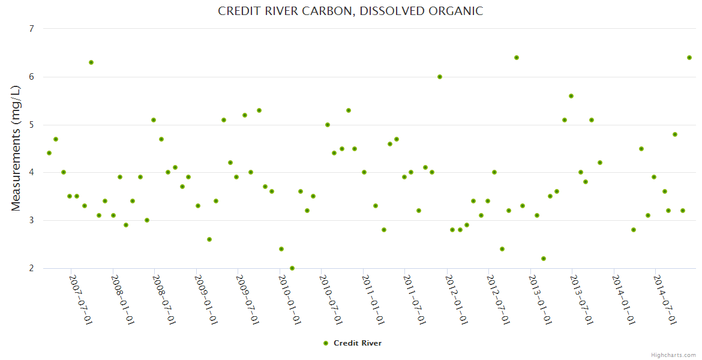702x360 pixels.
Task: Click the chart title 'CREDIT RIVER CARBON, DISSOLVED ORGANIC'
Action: [x=350, y=11]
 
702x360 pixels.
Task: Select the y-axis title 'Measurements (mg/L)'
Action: [x=16, y=148]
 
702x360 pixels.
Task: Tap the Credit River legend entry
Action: [x=352, y=343]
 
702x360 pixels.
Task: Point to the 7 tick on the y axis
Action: [x=31, y=29]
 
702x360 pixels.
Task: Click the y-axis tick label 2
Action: [x=31, y=268]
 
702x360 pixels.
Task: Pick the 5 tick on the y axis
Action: [x=31, y=125]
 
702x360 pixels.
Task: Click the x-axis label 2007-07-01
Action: [x=81, y=299]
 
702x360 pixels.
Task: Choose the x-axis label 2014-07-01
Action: [x=665, y=299]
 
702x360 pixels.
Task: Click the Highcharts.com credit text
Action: [x=673, y=355]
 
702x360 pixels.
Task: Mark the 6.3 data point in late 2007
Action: [x=91, y=62]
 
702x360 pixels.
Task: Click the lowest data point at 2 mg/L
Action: [x=292, y=268]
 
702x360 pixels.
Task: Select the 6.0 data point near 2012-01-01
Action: [x=440, y=77]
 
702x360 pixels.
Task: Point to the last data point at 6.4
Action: [x=689, y=58]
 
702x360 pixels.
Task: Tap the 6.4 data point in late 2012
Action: [x=517, y=58]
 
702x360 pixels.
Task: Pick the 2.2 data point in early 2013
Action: [x=544, y=259]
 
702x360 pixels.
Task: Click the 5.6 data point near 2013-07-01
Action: [x=571, y=96]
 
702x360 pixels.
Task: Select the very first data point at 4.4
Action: [x=49, y=153]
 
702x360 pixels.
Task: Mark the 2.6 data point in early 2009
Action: [x=209, y=239]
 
